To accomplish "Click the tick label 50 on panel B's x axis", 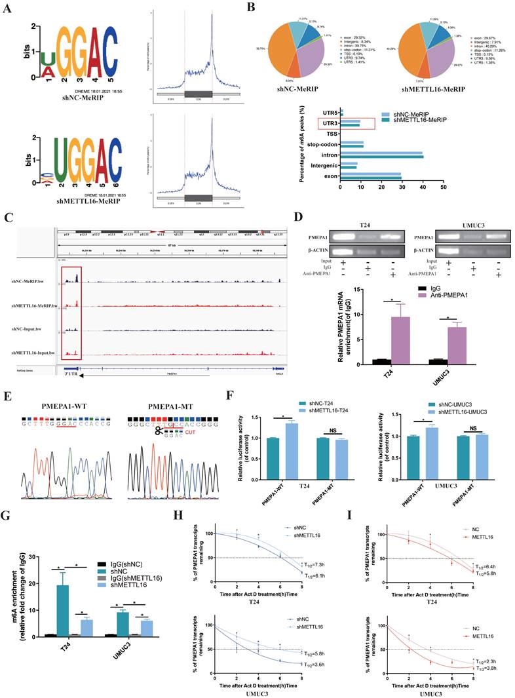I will (x=443, y=187).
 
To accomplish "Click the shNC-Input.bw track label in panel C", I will (x=38, y=329).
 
